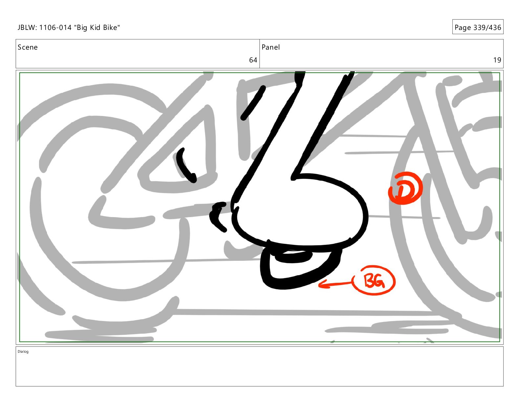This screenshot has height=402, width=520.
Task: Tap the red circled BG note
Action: (x=375, y=280)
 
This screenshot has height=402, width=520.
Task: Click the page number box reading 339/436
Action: (x=478, y=27)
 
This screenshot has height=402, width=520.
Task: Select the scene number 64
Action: (x=253, y=60)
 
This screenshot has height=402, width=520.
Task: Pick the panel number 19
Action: (x=497, y=60)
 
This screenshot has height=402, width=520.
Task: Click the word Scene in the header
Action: (x=28, y=47)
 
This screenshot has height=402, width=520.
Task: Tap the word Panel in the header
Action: (x=271, y=47)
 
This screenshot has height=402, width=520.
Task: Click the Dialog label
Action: (x=23, y=351)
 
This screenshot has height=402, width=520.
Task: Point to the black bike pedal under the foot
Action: (x=300, y=268)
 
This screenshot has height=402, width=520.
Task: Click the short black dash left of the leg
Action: (x=253, y=103)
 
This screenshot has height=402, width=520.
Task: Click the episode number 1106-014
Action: (x=55, y=28)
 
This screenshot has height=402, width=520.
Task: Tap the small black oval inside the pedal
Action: (x=293, y=257)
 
